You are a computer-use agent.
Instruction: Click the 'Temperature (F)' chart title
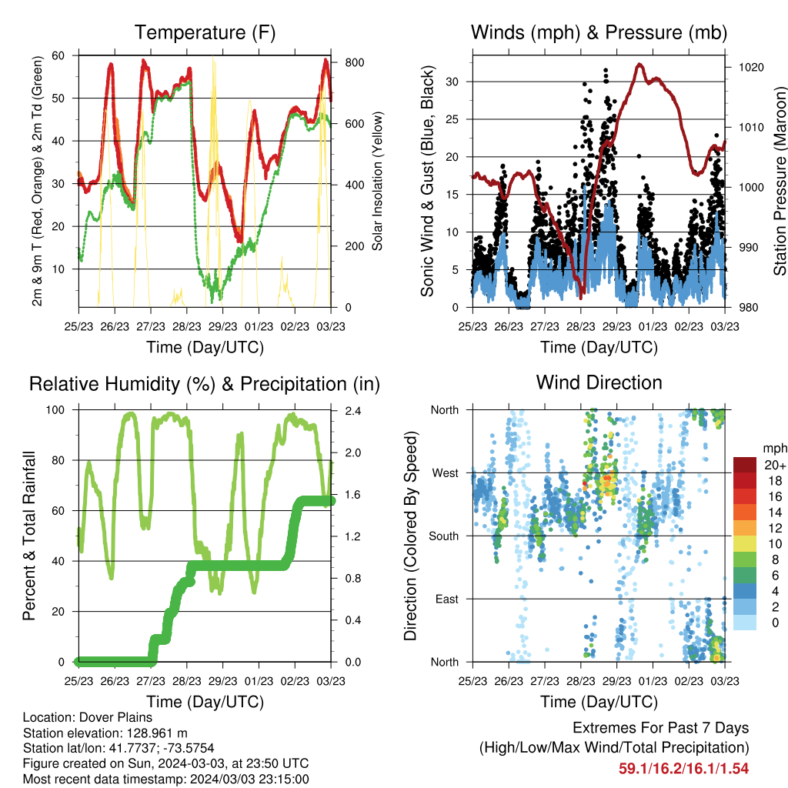tap(205, 32)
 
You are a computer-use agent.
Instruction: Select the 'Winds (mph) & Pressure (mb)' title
tap(599, 32)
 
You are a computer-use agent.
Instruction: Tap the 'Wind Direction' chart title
tap(599, 382)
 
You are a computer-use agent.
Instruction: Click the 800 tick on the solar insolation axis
tap(355, 63)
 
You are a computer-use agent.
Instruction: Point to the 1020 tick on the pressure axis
tap(751, 68)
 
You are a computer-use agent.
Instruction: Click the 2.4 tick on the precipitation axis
tap(352, 411)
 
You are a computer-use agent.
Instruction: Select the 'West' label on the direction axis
tap(446, 473)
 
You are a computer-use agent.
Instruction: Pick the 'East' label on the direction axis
tap(447, 599)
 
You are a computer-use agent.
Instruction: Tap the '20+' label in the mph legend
tap(775, 465)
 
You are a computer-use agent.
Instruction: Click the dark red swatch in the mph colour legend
tap(745, 465)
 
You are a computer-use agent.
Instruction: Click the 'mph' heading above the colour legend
tap(775, 449)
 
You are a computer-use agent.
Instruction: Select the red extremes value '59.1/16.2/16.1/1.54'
tap(683, 769)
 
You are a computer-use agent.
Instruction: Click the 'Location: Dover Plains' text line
tap(88, 717)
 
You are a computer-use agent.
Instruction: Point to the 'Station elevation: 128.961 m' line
tap(105, 733)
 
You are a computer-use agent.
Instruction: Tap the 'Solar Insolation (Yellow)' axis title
tap(377, 181)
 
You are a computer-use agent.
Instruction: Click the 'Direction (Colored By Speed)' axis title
tap(410, 536)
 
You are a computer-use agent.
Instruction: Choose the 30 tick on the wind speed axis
tap(452, 82)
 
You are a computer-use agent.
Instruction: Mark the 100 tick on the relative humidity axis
tap(55, 410)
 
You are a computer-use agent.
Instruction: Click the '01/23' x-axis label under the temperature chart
tap(259, 326)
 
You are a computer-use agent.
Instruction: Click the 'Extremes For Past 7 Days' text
tap(661, 728)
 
